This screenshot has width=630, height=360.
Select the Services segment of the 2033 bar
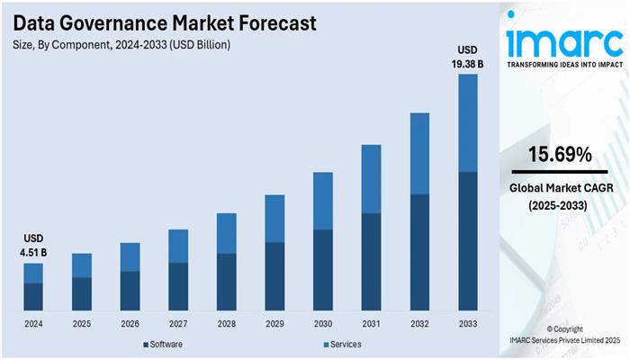[x=467, y=122]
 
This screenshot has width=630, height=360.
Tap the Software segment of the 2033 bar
[x=467, y=240]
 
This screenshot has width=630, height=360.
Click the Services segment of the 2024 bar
[x=33, y=273]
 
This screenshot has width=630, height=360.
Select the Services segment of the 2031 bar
[x=371, y=178]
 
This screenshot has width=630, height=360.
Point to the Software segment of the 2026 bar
[x=130, y=290]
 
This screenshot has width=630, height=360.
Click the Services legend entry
[x=343, y=345]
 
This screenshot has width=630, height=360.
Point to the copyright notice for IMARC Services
[x=562, y=335]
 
